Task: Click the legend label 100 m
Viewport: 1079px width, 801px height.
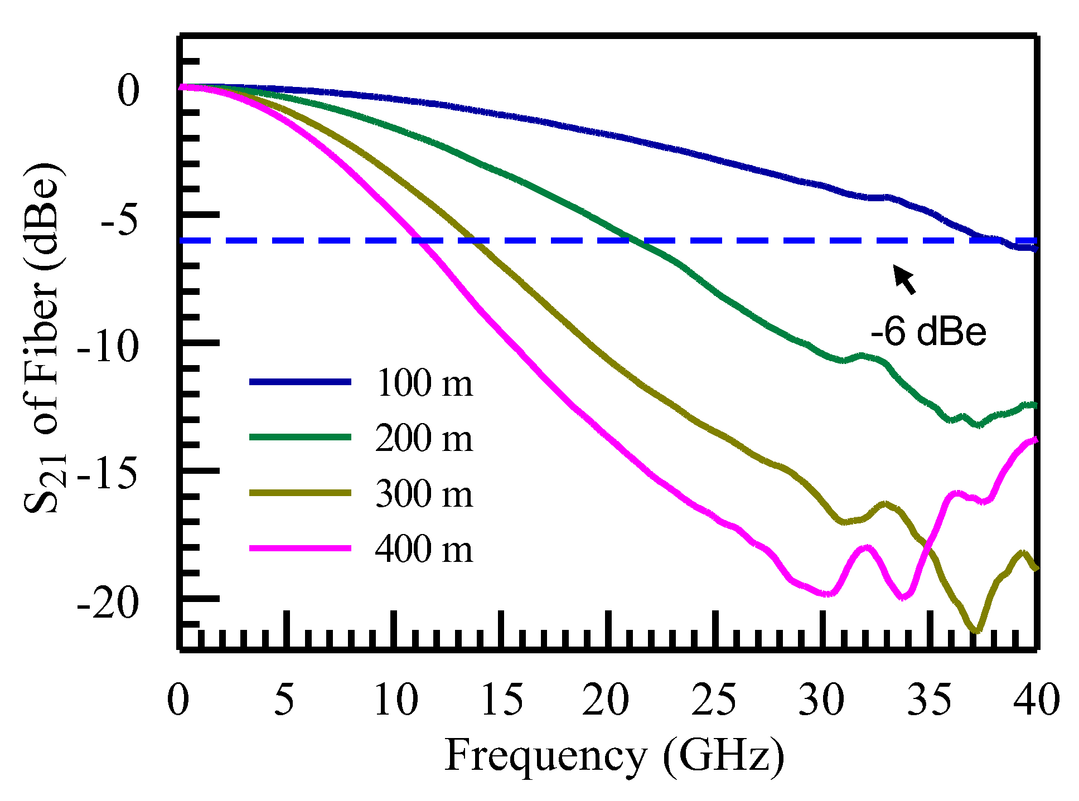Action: (424, 383)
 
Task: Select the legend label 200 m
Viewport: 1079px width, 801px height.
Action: (424, 438)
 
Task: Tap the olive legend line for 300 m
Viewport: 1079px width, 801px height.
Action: (300, 493)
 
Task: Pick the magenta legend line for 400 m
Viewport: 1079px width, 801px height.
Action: (300, 548)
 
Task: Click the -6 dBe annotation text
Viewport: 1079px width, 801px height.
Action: (928, 332)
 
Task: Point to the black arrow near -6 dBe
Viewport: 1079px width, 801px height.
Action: (904, 279)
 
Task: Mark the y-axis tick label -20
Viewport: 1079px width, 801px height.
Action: (107, 603)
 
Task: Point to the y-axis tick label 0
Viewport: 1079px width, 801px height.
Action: (128, 91)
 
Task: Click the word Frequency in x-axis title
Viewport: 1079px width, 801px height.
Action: (545, 756)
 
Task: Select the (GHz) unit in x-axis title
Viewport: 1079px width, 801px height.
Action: (723, 756)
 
